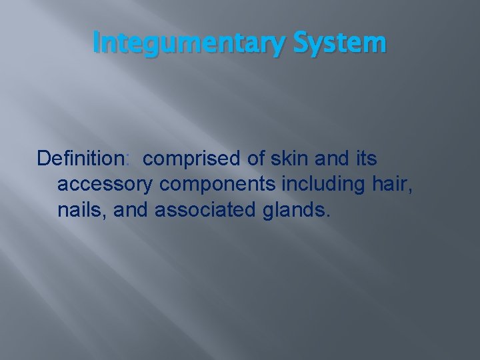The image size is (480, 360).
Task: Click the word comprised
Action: [191, 160]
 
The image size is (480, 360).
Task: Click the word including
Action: [317, 185]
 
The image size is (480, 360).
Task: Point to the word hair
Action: [391, 184]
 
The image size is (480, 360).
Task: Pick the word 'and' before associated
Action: [132, 210]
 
